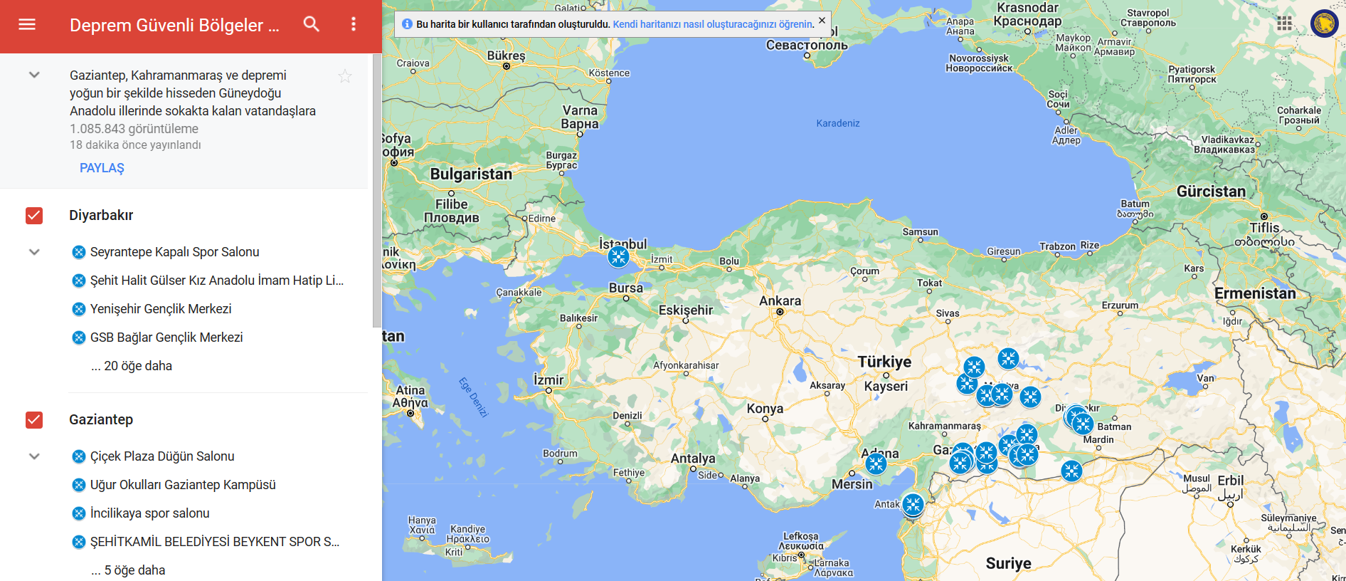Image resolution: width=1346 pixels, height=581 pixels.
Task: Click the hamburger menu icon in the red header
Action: click(x=27, y=24)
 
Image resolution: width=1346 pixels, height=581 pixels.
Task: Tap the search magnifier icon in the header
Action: click(x=311, y=24)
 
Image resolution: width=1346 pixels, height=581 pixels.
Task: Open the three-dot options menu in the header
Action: click(x=354, y=24)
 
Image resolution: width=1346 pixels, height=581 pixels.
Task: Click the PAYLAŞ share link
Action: click(x=102, y=168)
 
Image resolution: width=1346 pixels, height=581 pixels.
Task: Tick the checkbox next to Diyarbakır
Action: click(x=34, y=216)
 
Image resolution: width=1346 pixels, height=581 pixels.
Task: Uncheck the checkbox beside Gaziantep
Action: click(x=34, y=420)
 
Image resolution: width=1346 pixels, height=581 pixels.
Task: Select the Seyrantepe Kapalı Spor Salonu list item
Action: click(x=174, y=252)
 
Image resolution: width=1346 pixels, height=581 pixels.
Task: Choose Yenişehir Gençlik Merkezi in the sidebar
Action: click(x=161, y=309)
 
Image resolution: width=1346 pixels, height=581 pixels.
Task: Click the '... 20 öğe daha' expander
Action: click(x=132, y=366)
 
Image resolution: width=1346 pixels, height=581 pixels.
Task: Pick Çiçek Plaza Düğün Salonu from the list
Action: click(x=162, y=456)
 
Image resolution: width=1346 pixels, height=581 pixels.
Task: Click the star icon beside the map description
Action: click(x=345, y=76)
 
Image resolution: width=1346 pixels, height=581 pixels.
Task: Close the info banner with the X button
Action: click(x=822, y=21)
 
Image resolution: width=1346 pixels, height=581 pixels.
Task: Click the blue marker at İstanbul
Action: click(x=618, y=256)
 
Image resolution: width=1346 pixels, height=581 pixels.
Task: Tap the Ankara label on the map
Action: click(x=780, y=301)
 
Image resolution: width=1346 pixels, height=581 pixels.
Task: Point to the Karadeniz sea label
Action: click(x=838, y=123)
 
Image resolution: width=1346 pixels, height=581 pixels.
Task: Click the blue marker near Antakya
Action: click(x=913, y=505)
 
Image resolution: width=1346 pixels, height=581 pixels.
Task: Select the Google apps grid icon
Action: click(x=1284, y=23)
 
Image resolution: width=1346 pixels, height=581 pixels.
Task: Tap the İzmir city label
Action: click(x=549, y=380)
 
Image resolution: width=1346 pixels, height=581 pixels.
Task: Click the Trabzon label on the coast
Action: click(x=1057, y=246)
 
